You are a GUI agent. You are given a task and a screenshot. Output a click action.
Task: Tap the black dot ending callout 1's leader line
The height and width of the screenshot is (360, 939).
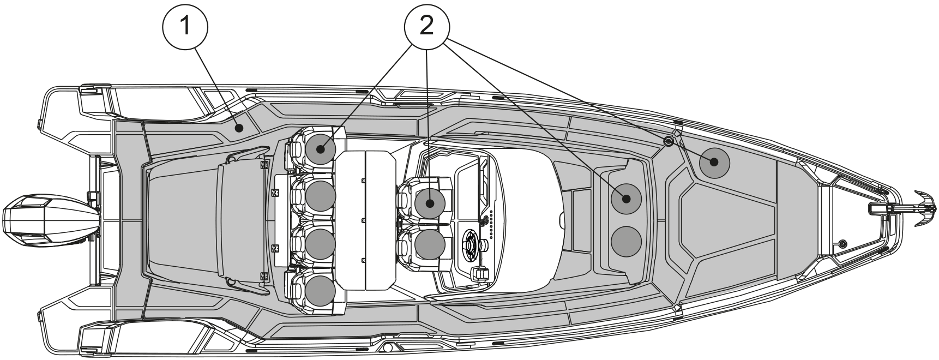coord(238,128)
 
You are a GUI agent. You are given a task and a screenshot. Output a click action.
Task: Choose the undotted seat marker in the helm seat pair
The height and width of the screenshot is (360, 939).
coord(430,244)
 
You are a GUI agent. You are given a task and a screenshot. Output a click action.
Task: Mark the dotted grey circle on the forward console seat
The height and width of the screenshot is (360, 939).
coord(625,199)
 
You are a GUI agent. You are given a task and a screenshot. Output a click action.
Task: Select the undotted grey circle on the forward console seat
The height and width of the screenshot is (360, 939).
coord(625,241)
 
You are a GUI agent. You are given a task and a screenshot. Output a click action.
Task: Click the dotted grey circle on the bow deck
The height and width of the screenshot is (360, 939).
coord(714,162)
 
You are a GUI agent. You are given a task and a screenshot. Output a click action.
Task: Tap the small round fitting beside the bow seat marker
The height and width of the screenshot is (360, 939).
coord(667,141)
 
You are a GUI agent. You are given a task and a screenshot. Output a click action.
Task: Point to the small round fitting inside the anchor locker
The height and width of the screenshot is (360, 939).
coord(842,243)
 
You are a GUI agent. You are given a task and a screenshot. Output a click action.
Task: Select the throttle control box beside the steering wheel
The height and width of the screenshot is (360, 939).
coord(480,274)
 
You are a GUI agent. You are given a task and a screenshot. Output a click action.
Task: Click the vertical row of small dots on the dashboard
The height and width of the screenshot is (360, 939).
coord(491,224)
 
